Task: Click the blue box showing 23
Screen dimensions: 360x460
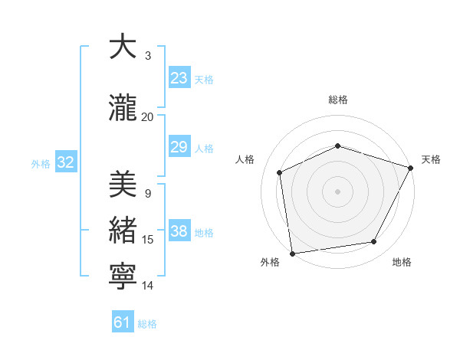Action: pyautogui.click(x=179, y=78)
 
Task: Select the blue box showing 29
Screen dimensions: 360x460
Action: pyautogui.click(x=179, y=147)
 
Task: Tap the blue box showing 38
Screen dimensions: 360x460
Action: pyautogui.click(x=179, y=232)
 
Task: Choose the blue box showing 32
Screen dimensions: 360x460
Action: pyautogui.click(x=65, y=163)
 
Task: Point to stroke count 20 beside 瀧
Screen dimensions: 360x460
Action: pyautogui.click(x=148, y=116)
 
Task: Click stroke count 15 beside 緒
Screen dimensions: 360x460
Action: pyautogui.click(x=148, y=240)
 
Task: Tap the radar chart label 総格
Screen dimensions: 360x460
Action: pyautogui.click(x=338, y=100)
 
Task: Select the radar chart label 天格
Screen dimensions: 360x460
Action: pyautogui.click(x=431, y=159)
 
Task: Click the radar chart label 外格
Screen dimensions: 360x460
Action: pyautogui.click(x=270, y=262)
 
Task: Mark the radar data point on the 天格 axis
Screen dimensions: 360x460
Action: pyautogui.click(x=411, y=168)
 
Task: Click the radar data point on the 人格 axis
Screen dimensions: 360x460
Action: pyautogui.click(x=280, y=172)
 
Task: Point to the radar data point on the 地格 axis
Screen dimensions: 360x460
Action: pyautogui.click(x=374, y=242)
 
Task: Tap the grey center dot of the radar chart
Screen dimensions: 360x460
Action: pyautogui.click(x=337, y=191)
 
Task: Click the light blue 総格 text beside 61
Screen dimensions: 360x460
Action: pyautogui.click(x=147, y=324)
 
